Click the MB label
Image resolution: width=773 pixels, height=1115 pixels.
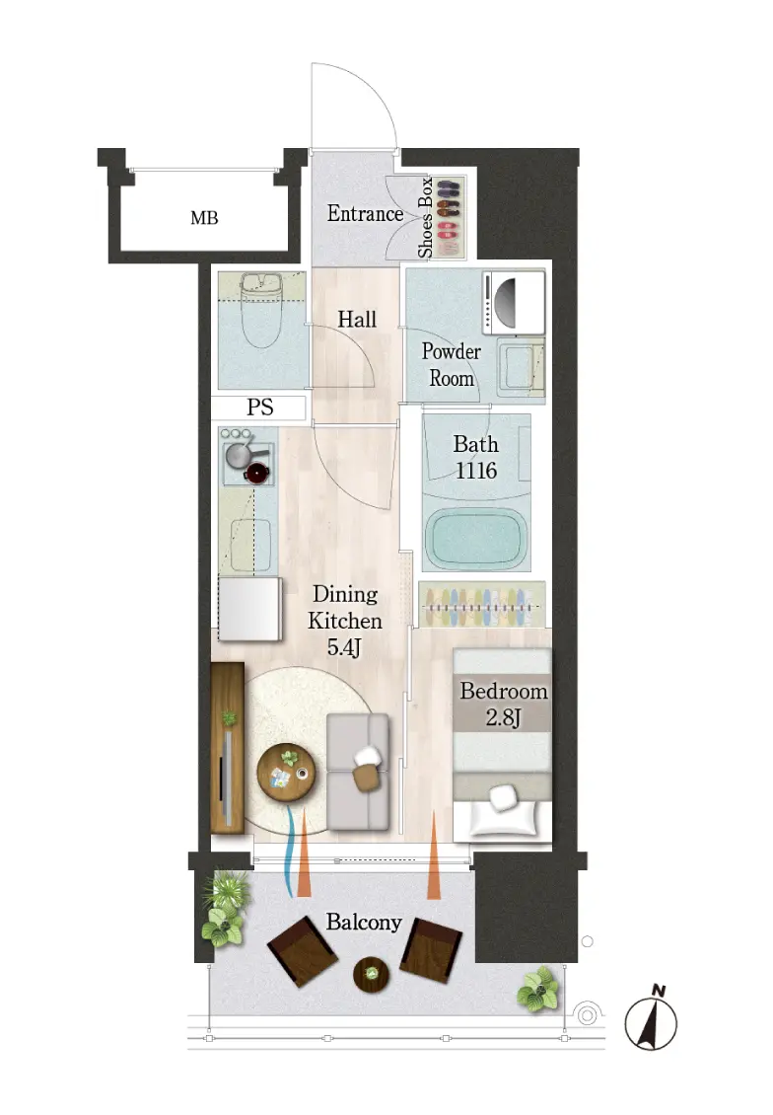coord(204,218)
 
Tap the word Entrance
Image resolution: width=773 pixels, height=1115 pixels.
coord(365,213)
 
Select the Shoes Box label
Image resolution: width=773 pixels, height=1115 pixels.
coord(425,218)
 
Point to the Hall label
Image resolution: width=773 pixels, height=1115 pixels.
coord(357,320)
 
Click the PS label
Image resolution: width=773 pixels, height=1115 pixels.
coord(260,408)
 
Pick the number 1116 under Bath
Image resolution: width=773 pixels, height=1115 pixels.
coord(476,471)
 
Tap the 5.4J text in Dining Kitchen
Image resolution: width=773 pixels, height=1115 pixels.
coord(344,648)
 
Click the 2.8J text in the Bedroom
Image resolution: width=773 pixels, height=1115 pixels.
coord(503,717)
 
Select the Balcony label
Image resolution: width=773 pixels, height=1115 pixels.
coord(364,923)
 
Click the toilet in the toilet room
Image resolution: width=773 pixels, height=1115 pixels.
coord(261,310)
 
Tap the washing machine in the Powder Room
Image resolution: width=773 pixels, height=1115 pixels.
coord(514,303)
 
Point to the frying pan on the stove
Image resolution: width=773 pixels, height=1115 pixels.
coord(242,455)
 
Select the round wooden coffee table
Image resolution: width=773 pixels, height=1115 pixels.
coord(286,773)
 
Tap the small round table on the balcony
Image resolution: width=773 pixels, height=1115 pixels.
coord(371,974)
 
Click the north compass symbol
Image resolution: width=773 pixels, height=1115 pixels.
coord(651,1019)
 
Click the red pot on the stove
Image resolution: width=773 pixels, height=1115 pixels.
coord(256,473)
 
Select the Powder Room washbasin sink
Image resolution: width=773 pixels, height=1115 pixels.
coord(521,368)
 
